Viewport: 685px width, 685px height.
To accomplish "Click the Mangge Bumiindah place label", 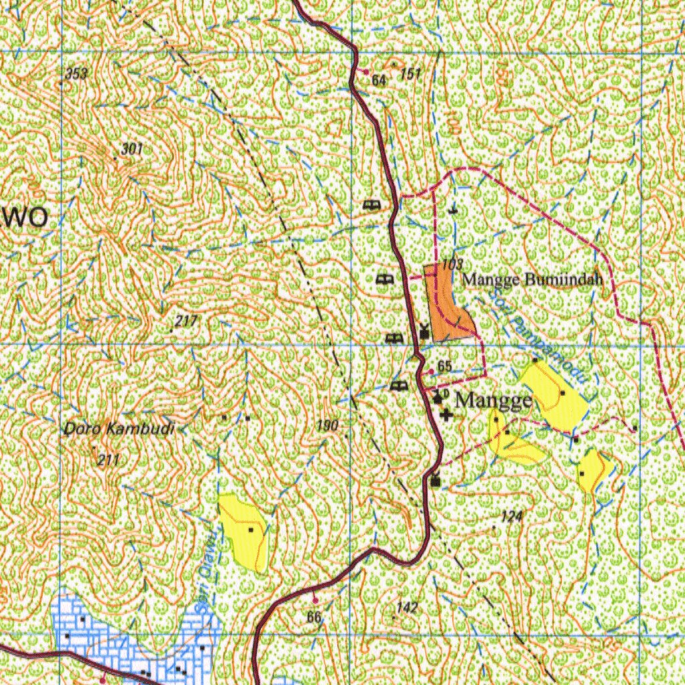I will [x=533, y=280].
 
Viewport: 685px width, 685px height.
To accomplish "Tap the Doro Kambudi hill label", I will [x=119, y=429].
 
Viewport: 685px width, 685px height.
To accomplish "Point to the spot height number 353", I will [x=77, y=74].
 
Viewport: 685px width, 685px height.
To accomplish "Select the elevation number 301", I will [x=132, y=149].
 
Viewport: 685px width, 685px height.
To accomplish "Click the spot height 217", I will [x=186, y=322].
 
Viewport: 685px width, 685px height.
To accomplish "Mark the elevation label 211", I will [x=108, y=460].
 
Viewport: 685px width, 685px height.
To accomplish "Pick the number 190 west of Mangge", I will [x=328, y=425].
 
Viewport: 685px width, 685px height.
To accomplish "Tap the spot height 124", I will [x=511, y=516].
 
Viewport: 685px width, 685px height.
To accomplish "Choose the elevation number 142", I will [x=407, y=607].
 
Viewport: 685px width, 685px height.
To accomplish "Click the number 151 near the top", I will [x=411, y=74].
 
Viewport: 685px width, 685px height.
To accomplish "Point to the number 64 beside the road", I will [x=379, y=81].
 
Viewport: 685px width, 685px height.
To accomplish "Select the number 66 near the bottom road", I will [x=314, y=617].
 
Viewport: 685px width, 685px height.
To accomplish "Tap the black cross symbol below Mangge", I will [x=446, y=415].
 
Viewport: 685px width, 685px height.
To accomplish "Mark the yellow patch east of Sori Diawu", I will [x=245, y=532].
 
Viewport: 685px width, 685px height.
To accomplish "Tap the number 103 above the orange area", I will [x=452, y=264].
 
